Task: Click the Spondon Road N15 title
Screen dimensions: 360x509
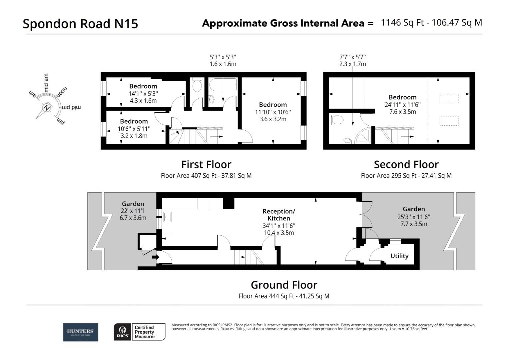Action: click(80, 24)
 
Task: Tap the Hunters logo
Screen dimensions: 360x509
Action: click(81, 332)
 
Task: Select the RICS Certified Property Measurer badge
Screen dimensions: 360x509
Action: click(140, 332)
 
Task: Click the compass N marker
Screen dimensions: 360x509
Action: click(47, 108)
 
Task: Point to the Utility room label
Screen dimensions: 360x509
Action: click(399, 256)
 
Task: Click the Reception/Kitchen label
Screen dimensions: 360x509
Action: click(279, 215)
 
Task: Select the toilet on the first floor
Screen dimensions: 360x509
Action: click(197, 85)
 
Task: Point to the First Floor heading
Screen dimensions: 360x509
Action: click(206, 164)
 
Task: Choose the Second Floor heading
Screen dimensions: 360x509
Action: click(406, 164)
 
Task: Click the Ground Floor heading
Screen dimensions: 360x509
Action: click(284, 285)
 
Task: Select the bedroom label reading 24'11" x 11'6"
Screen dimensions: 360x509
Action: click(402, 104)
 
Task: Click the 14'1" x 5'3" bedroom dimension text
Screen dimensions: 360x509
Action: click(143, 94)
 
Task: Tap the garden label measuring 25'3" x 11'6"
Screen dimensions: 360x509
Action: click(414, 216)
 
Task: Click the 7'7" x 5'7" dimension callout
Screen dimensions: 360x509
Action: click(352, 57)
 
